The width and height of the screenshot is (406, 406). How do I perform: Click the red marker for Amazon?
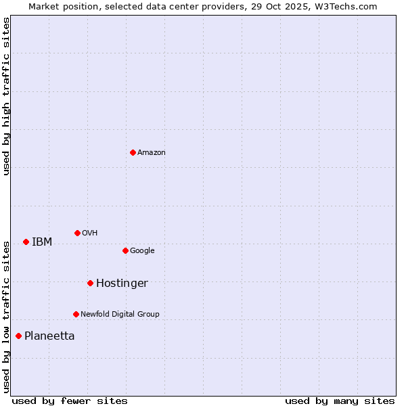133,152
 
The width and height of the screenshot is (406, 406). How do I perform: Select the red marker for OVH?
77,233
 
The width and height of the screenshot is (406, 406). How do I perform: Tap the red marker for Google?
125,250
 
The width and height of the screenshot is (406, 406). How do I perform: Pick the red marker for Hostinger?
90,283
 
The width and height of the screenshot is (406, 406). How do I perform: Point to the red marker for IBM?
26,242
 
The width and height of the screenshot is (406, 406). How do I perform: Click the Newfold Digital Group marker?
76,314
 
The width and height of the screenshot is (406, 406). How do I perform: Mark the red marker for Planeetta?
18,336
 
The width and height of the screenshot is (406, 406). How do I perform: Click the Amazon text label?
151,153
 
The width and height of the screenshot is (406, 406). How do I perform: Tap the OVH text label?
89,233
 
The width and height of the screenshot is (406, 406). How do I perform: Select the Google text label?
142,251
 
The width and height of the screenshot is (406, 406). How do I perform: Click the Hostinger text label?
122,284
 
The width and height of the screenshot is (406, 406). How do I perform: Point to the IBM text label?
42,242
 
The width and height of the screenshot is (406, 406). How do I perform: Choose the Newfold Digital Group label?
120,314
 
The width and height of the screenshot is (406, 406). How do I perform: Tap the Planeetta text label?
49,336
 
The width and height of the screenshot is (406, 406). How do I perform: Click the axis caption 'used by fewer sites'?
70,401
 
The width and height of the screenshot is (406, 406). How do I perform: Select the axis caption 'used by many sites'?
340,401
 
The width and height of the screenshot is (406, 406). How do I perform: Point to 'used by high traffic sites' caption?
7,96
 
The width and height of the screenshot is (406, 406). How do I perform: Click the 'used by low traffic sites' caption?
7,316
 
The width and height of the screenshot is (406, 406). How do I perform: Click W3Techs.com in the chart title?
348,6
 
